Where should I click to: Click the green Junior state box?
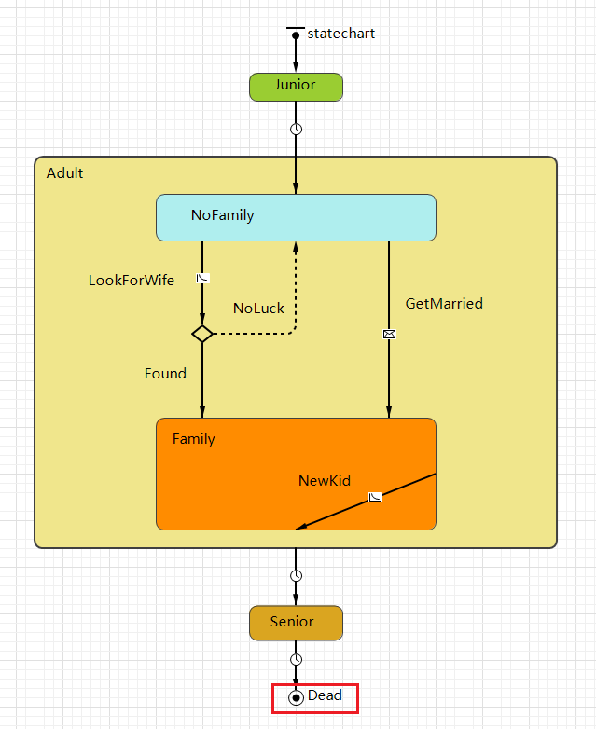pos(296,87)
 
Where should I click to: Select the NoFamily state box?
pos(296,217)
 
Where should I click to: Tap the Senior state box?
pos(296,623)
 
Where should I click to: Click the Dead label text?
pos(325,695)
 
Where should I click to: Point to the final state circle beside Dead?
pos(296,697)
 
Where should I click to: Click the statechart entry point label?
pos(340,34)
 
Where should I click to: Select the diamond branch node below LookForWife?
pos(202,333)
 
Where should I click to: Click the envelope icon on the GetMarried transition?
pos(389,334)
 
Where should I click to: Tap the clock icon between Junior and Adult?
pos(296,129)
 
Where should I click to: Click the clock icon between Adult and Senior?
pos(296,575)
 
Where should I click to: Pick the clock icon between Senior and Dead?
pos(296,659)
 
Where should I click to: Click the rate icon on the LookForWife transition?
pos(202,278)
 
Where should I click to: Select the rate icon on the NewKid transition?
pos(375,497)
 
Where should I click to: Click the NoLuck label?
pos(258,309)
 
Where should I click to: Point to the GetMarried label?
pos(444,304)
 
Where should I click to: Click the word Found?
pos(165,374)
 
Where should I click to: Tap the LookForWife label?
pos(132,281)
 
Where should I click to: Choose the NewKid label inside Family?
pos(325,481)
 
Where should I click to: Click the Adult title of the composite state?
pos(64,173)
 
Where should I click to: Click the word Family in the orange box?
pos(193,439)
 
